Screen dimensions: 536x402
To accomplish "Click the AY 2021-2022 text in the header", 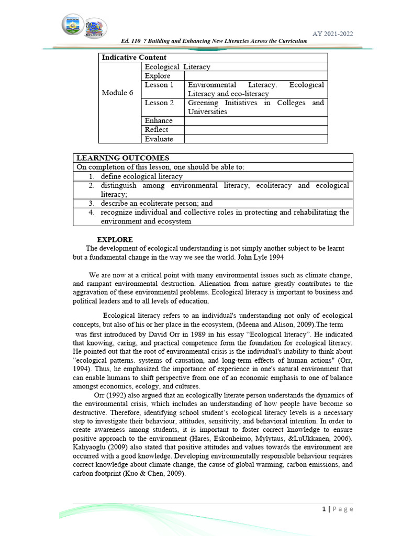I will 332,34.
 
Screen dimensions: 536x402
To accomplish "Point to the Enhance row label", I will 159,121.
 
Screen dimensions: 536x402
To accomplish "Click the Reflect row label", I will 157,130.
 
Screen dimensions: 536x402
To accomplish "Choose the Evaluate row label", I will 159,139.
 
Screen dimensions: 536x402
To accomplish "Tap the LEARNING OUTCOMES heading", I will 122,158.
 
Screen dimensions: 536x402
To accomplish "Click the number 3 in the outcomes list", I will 91,203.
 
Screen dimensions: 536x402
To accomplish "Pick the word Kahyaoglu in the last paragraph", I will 90,448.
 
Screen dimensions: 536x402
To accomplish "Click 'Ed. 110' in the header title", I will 131,41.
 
